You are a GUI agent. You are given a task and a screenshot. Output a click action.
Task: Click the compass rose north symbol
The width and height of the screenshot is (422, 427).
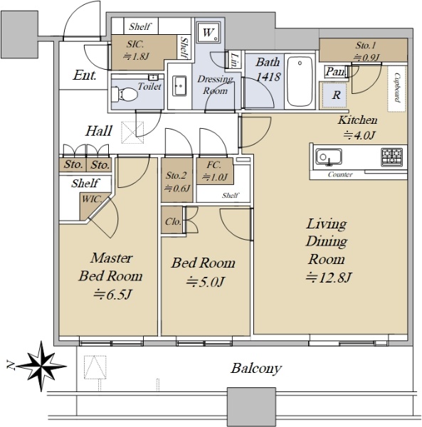coord(41,366)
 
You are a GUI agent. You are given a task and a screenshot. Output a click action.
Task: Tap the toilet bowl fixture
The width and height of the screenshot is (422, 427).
coord(125,94)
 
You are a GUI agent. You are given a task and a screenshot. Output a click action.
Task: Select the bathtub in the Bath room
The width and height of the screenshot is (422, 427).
coord(300,81)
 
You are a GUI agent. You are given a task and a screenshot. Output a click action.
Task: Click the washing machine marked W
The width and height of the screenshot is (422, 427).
coord(209,33)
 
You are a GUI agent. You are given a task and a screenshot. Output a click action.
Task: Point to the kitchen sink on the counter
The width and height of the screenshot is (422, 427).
coord(329,157)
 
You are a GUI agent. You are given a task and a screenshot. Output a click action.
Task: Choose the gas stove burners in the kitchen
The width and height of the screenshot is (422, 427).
coord(392,157)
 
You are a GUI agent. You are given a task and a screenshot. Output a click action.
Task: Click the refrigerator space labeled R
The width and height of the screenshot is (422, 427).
coord(335,95)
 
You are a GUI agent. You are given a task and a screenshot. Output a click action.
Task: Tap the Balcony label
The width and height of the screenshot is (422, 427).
coord(256,369)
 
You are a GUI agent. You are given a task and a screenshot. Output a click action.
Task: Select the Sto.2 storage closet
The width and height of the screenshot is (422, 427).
coord(176,180)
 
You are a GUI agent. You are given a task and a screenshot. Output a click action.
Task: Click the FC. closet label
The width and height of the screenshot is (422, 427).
coord(214,164)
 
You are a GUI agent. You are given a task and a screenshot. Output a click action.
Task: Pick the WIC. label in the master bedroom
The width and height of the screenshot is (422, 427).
coord(92,199)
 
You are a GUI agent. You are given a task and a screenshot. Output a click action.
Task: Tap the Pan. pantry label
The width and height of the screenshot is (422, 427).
coord(336,72)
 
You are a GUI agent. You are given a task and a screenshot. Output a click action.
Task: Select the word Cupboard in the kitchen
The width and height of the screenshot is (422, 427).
coord(397,88)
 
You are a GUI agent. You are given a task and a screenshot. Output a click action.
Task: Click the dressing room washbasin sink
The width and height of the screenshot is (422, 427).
coord(180,86)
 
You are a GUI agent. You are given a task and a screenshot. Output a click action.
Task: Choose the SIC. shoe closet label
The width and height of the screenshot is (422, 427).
coord(135,44)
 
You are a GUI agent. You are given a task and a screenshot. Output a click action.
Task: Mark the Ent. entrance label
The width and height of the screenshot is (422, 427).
coord(85,75)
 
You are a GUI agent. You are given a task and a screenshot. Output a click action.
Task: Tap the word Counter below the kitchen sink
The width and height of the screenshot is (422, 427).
coord(340,174)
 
